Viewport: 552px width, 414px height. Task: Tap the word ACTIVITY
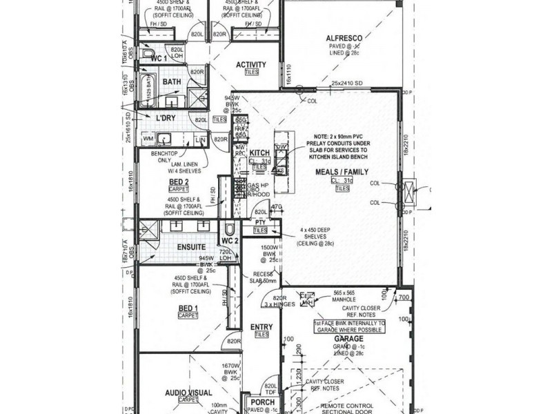click(250, 66)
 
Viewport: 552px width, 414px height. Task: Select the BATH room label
click(171, 82)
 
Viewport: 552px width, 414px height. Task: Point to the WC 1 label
click(159, 59)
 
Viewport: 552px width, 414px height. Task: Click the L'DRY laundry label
click(166, 119)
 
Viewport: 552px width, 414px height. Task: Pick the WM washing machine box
click(148, 140)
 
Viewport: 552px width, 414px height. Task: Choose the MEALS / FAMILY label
click(342, 172)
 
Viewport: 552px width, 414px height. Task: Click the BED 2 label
click(179, 181)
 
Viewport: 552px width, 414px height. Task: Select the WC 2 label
click(229, 240)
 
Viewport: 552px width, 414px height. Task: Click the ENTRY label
click(262, 327)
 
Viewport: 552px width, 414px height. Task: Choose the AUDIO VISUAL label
click(188, 393)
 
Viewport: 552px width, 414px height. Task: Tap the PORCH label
click(262, 402)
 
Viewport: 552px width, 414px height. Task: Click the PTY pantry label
click(259, 222)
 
